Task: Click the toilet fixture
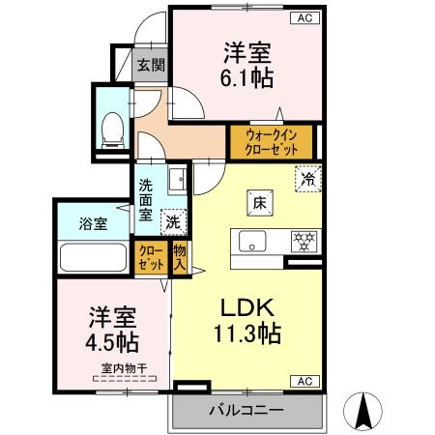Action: point(112,126)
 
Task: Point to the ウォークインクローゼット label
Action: point(271,143)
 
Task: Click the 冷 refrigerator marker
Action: point(308,179)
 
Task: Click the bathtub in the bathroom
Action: point(94,258)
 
